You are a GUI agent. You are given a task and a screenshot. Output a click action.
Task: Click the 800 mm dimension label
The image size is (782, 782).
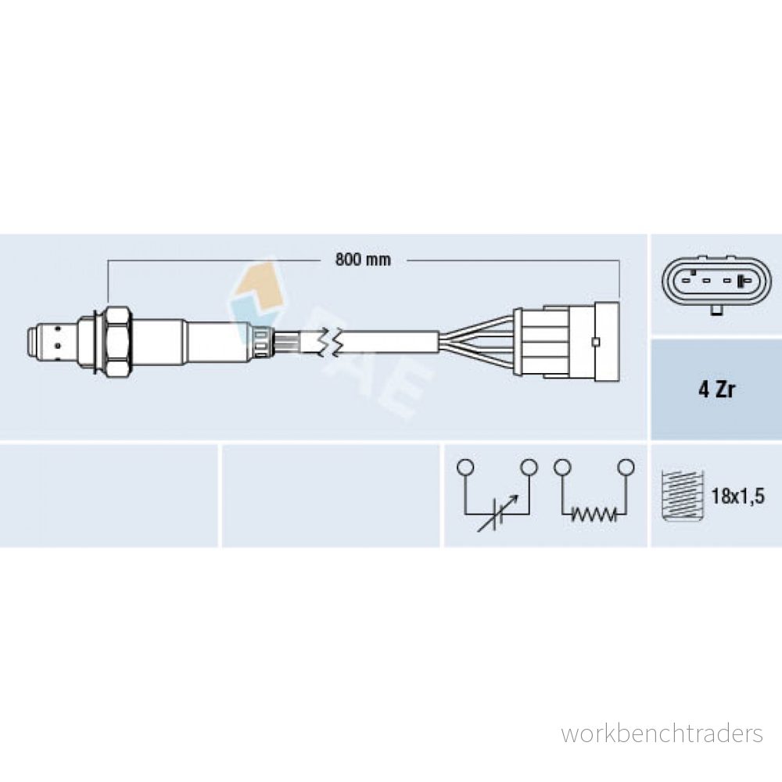(x=363, y=260)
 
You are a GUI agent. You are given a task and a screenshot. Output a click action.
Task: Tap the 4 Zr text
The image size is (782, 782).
(x=716, y=389)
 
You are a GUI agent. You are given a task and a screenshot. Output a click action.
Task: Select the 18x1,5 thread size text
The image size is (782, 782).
(x=737, y=497)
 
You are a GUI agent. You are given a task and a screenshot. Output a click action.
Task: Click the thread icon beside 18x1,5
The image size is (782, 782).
(x=682, y=495)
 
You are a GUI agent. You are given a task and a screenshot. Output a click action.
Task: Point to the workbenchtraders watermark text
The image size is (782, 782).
(x=662, y=734)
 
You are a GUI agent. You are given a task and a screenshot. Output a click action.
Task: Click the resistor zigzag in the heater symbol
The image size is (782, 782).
(x=594, y=514)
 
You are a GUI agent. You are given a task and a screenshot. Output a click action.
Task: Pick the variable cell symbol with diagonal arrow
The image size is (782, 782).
(x=497, y=514)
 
